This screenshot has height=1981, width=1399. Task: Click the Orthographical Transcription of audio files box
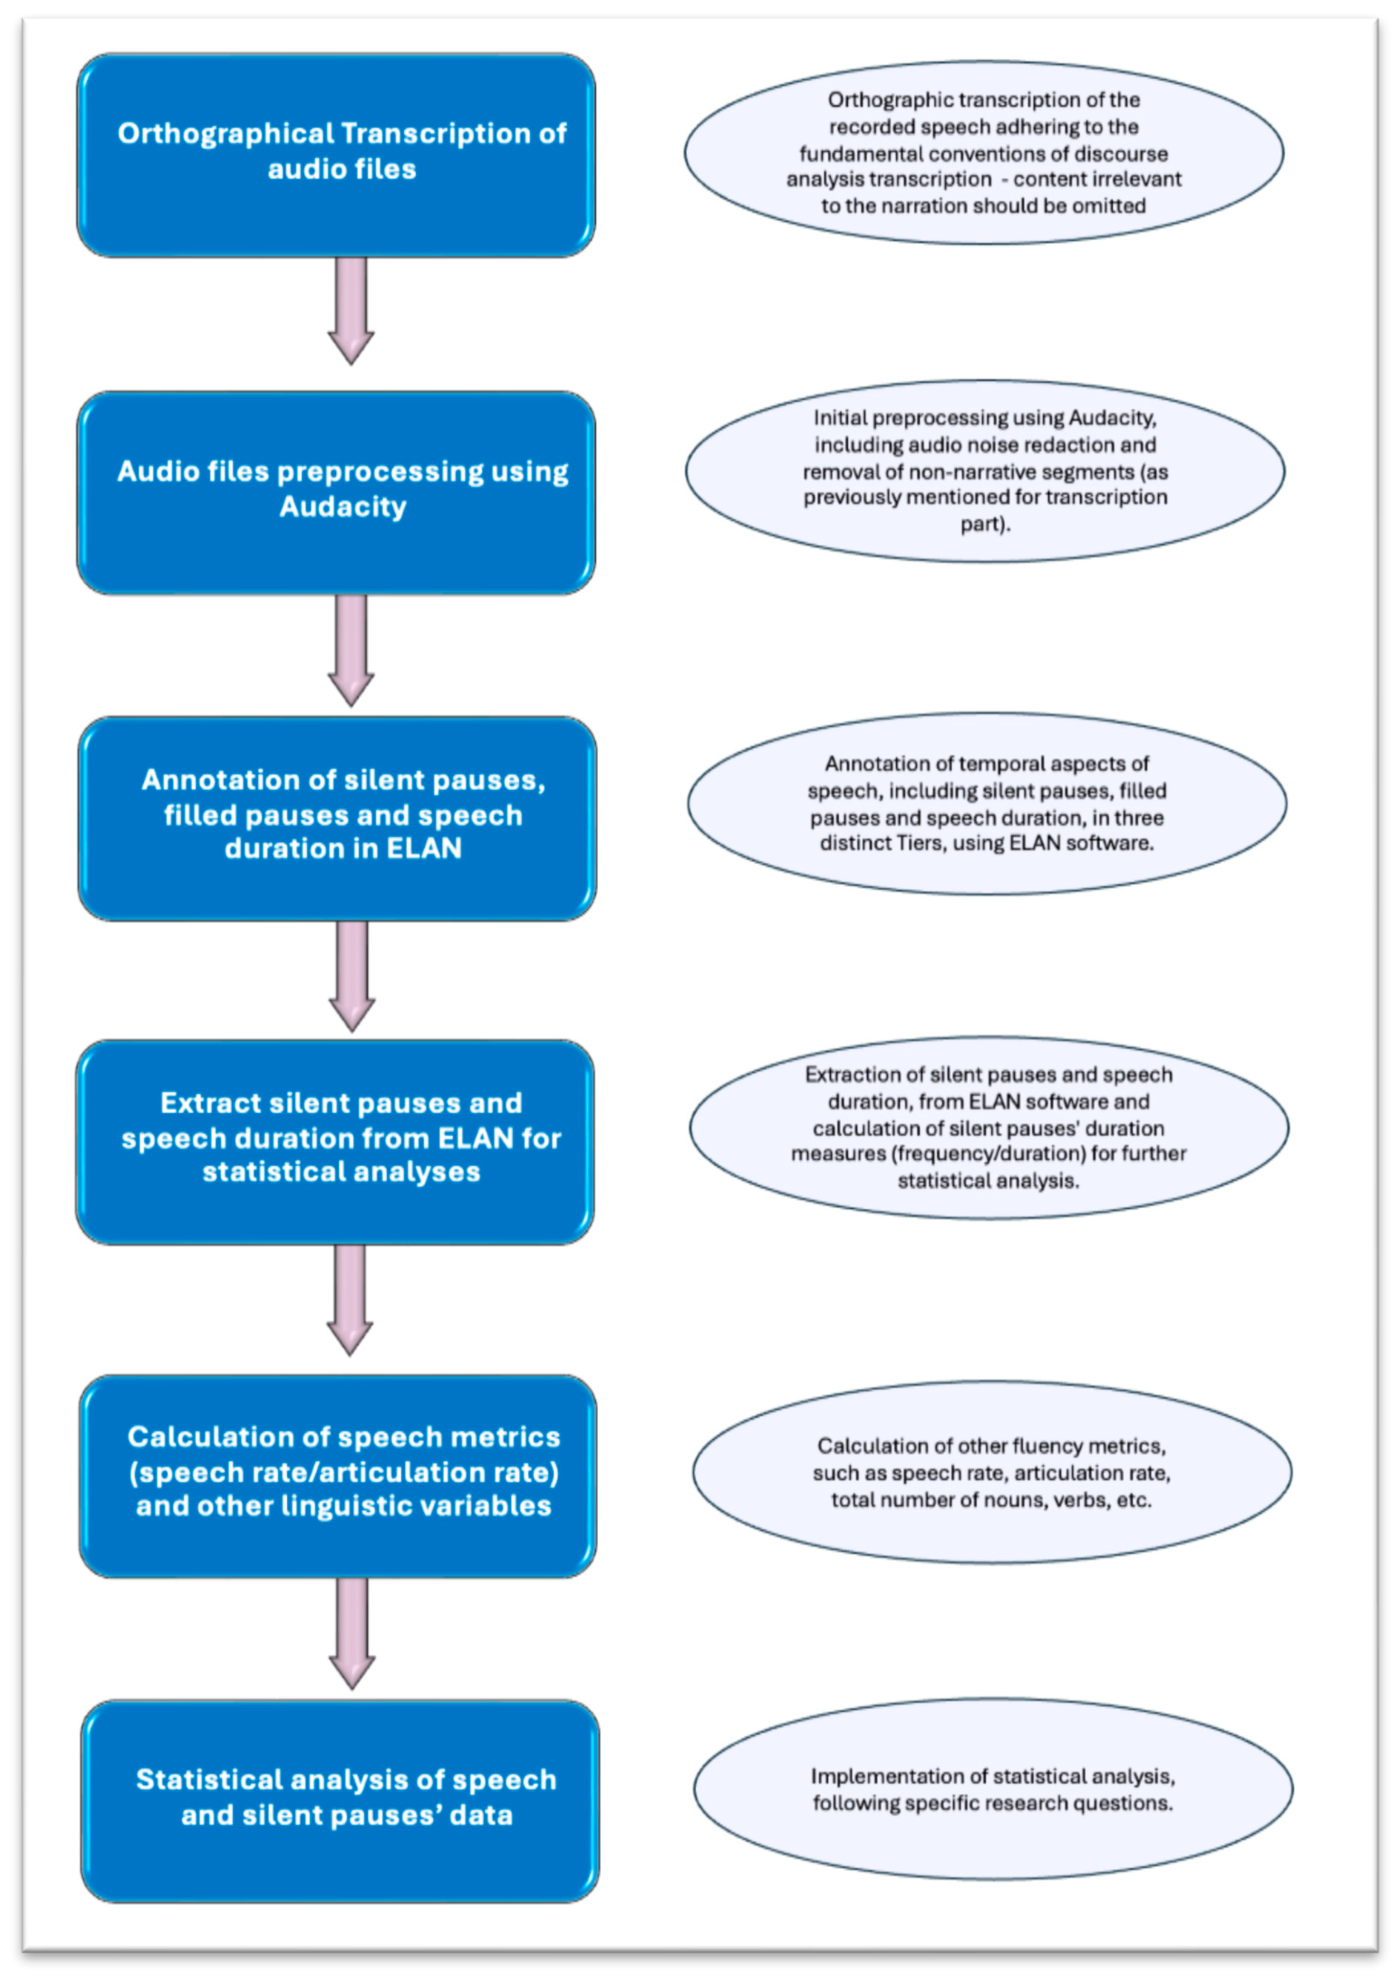click(x=336, y=155)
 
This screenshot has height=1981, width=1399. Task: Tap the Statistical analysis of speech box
click(x=341, y=1801)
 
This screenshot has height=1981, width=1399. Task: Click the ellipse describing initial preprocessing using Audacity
click(x=985, y=471)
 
